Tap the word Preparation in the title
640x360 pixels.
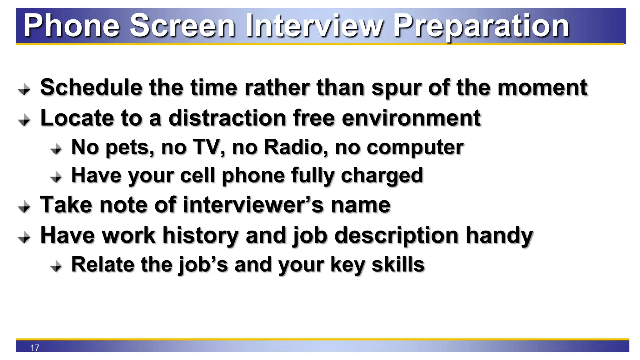481,27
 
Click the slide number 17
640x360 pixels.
35,347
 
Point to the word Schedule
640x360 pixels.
91,87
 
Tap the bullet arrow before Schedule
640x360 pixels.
24,90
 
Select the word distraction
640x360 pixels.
227,118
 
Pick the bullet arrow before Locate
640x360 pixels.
24,120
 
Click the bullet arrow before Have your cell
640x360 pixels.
56,177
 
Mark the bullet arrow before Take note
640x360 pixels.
24,207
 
